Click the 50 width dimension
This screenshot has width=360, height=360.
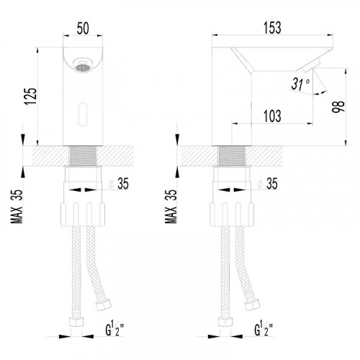(x=83, y=28)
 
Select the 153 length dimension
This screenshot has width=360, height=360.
(x=272, y=27)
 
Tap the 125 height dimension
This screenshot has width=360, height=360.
(x=31, y=96)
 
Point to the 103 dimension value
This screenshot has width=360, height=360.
(x=272, y=116)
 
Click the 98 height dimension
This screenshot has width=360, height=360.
(x=338, y=107)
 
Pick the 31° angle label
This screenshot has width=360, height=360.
(x=300, y=84)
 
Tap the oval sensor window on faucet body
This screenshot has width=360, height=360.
(x=83, y=114)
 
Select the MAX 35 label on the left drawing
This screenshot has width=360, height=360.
(x=17, y=207)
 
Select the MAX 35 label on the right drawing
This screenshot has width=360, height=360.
(x=171, y=207)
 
